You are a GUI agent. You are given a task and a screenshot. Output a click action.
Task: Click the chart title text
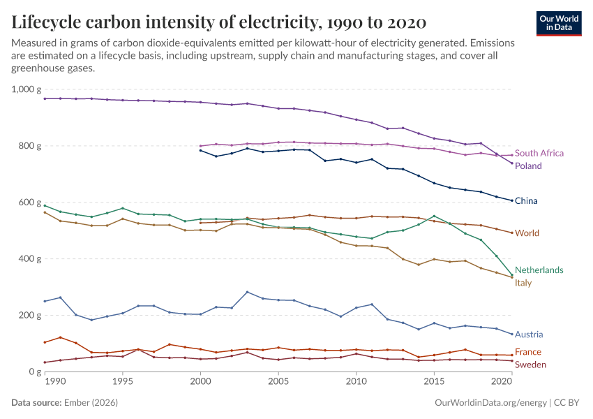[x=219, y=21]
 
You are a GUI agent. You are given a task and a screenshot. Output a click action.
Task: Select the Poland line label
[x=528, y=166]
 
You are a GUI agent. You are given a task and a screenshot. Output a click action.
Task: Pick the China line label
[x=526, y=201]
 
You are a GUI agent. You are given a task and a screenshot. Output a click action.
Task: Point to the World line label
[x=527, y=233]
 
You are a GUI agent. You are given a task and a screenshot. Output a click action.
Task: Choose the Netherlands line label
[x=539, y=270]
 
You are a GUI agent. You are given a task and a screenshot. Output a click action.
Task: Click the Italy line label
[x=523, y=283]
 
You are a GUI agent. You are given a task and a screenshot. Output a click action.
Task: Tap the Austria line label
[x=529, y=335]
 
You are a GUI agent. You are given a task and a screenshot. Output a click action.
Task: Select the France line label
[x=528, y=352]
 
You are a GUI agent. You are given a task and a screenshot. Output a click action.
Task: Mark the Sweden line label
[x=530, y=365]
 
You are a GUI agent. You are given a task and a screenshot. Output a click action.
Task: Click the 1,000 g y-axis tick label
[x=27, y=89]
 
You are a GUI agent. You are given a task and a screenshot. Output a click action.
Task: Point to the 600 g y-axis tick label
[x=31, y=203]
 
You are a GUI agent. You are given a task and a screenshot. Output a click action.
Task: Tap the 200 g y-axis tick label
[x=31, y=316]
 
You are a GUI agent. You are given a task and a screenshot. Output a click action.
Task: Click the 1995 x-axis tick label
[x=123, y=382]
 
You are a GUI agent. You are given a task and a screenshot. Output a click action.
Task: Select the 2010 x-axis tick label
[x=356, y=382]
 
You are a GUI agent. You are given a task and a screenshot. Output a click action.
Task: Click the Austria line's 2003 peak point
[x=247, y=292]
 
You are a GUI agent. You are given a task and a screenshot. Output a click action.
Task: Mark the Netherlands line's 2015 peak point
[x=434, y=216]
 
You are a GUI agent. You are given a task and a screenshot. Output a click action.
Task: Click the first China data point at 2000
[x=200, y=150]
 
